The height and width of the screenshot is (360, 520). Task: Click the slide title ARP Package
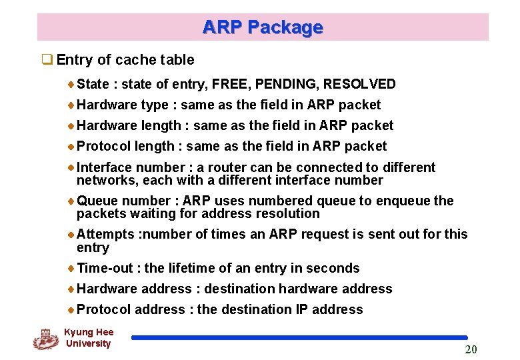coord(263,27)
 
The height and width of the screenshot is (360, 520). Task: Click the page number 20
coord(471,350)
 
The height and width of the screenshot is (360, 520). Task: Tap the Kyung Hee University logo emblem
coord(46,339)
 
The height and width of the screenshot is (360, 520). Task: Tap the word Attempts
coord(105,234)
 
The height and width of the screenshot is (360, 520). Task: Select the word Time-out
coord(105,268)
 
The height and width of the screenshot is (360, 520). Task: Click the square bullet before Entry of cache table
coord(47,59)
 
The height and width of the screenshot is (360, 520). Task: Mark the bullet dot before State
coord(71,85)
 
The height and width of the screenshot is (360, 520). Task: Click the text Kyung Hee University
coord(89,338)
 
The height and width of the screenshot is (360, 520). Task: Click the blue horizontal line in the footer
coord(299,338)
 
